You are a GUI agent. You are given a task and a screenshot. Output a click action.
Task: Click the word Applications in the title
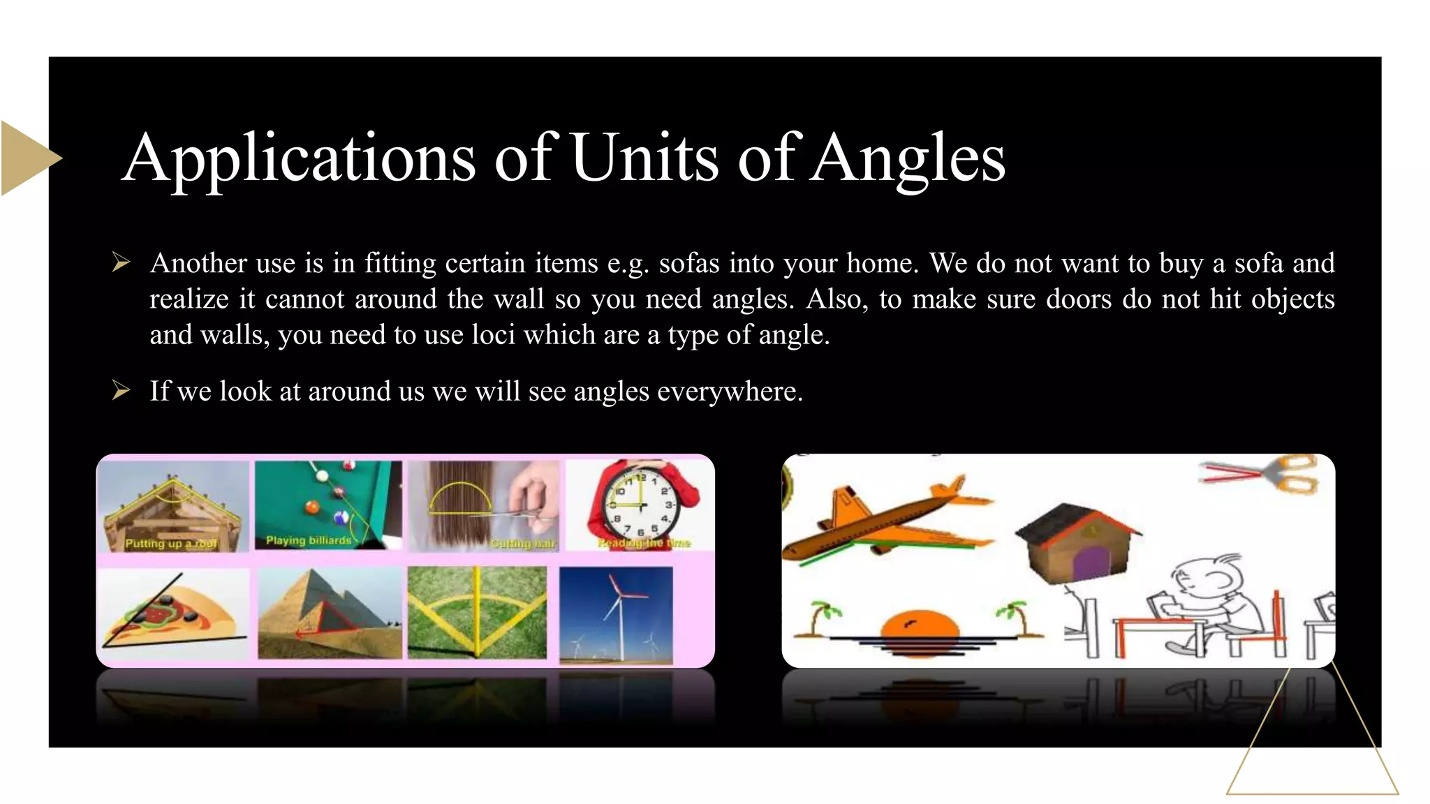299,158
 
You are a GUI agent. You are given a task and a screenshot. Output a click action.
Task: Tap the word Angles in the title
908,158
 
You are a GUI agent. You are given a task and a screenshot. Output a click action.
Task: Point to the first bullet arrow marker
121,263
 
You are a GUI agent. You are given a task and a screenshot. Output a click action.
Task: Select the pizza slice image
175,615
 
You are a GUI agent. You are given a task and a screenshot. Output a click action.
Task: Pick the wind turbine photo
616,613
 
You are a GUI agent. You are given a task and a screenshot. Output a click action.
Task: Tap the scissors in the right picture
1264,474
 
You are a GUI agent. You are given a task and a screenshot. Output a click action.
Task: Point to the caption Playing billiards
308,540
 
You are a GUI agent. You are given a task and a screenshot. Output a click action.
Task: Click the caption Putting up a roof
171,543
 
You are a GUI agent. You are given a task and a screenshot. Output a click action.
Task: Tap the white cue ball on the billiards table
322,475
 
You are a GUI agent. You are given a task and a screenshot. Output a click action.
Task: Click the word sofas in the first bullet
689,264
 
